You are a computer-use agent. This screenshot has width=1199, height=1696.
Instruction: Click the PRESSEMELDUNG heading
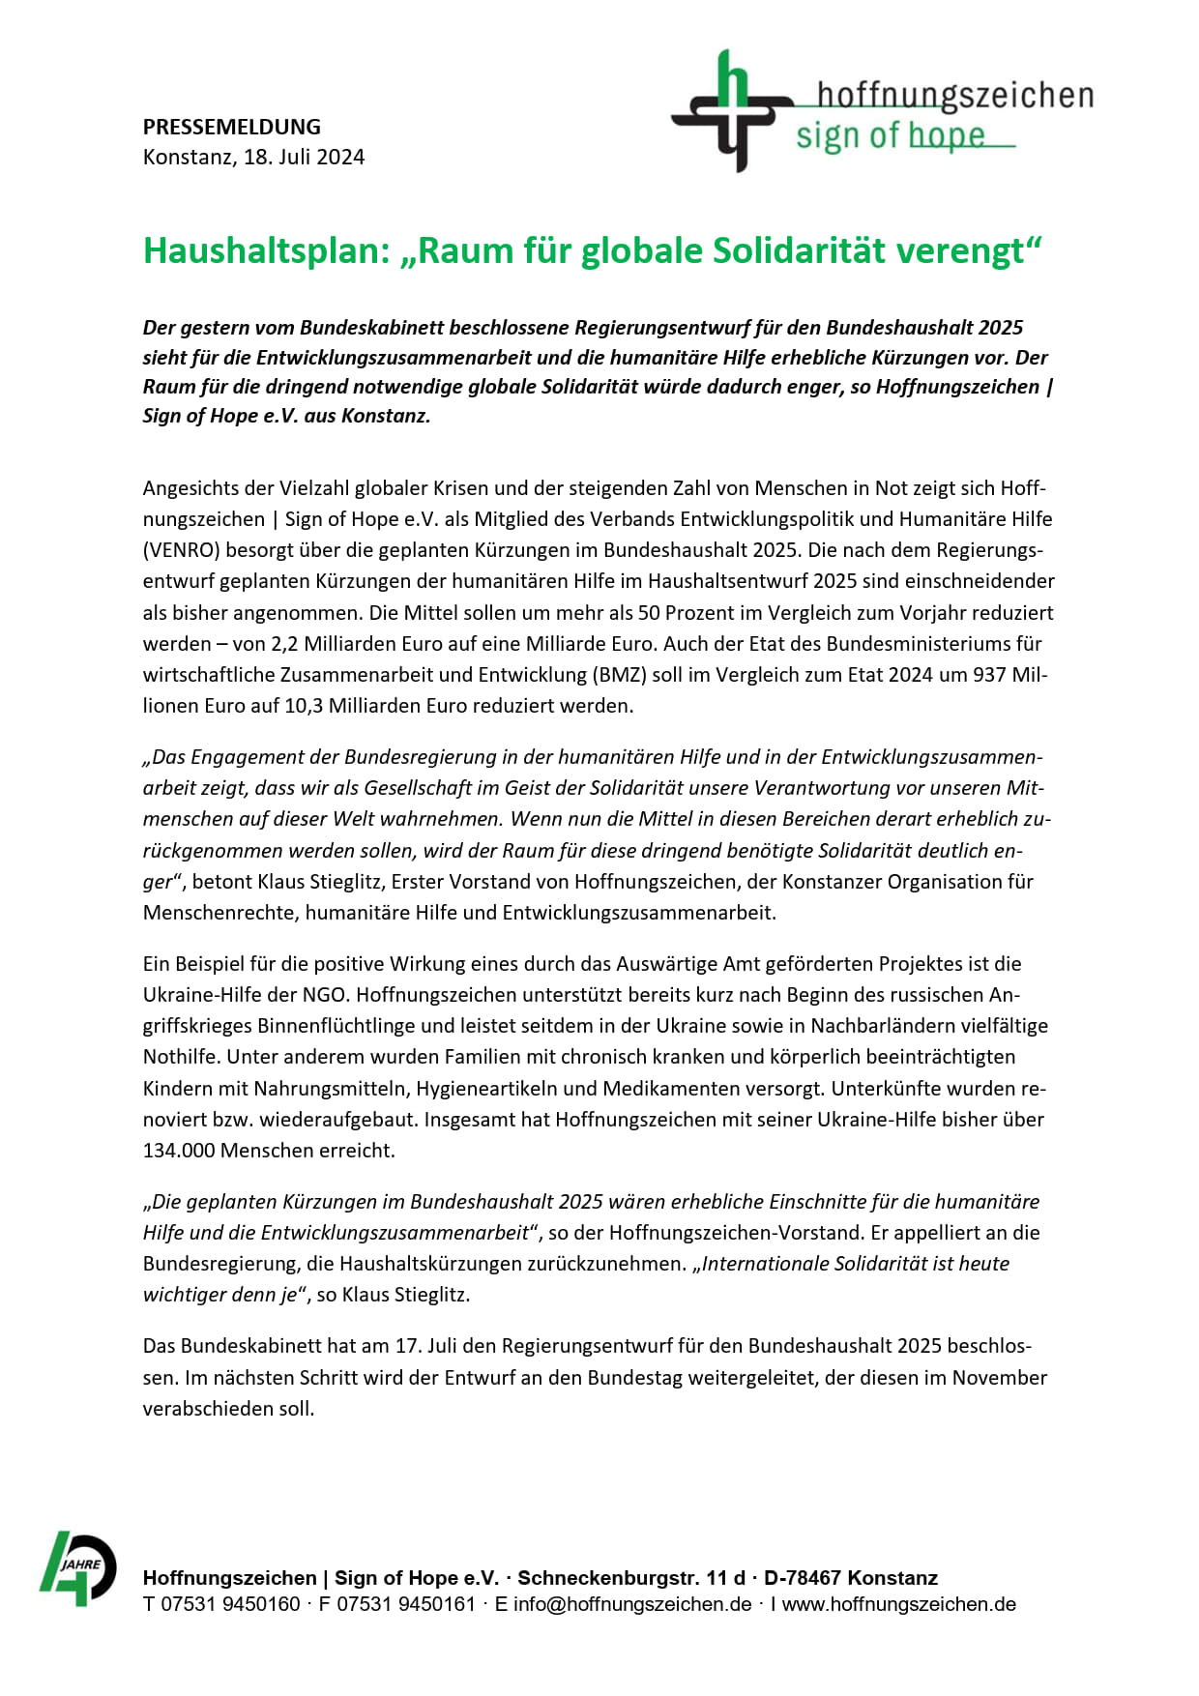click(x=231, y=127)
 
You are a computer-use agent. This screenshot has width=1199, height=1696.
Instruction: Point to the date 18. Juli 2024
click(x=304, y=157)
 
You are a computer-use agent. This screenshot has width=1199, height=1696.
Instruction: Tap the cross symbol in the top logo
click(x=730, y=111)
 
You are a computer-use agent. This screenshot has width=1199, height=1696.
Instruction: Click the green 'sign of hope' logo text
click(x=890, y=136)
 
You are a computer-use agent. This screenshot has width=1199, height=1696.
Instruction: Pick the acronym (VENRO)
click(x=182, y=550)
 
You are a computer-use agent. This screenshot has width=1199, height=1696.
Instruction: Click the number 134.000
click(x=179, y=1150)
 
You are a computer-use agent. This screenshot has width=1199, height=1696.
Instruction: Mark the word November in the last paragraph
click(x=999, y=1377)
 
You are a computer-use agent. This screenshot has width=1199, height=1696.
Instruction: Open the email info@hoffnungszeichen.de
click(x=632, y=1604)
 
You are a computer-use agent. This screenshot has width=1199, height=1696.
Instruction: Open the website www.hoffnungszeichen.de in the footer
click(x=899, y=1604)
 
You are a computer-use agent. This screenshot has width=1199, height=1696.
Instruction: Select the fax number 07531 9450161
click(x=406, y=1604)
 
